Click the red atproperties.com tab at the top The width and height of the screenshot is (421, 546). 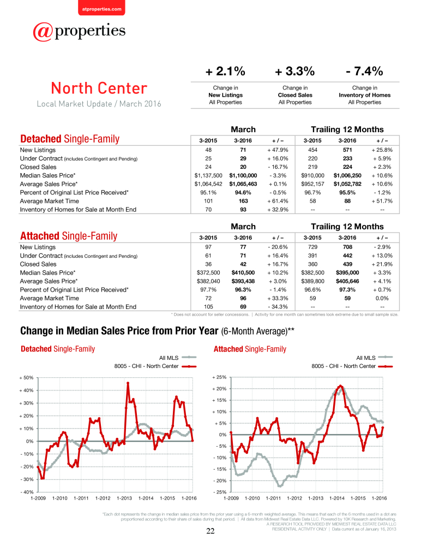tap(101, 8)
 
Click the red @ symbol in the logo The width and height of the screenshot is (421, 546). tap(43, 32)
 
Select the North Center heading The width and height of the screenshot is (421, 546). tap(99, 88)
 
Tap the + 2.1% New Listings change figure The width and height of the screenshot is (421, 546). tap(225, 72)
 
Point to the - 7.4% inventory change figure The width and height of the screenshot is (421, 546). tap(364, 72)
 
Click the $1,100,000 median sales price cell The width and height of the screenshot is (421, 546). tap(243, 175)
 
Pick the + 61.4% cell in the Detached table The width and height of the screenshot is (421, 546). tap(278, 201)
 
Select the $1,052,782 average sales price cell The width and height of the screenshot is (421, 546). tap(347, 184)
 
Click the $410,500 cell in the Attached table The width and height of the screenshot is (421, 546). tap(243, 272)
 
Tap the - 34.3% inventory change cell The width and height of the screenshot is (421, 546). tap(278, 307)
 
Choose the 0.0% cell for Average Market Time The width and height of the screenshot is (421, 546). tap(382, 298)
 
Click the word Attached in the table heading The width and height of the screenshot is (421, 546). tap(40, 236)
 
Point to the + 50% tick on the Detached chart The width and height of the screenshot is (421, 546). tap(26, 378)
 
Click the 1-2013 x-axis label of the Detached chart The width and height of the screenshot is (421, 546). tap(124, 498)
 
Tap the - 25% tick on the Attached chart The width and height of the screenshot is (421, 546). tap(219, 492)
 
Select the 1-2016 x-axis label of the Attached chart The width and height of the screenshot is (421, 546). tap(379, 498)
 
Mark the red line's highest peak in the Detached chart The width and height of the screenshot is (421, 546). tap(128, 383)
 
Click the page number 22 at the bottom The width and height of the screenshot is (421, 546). tap(211, 531)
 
